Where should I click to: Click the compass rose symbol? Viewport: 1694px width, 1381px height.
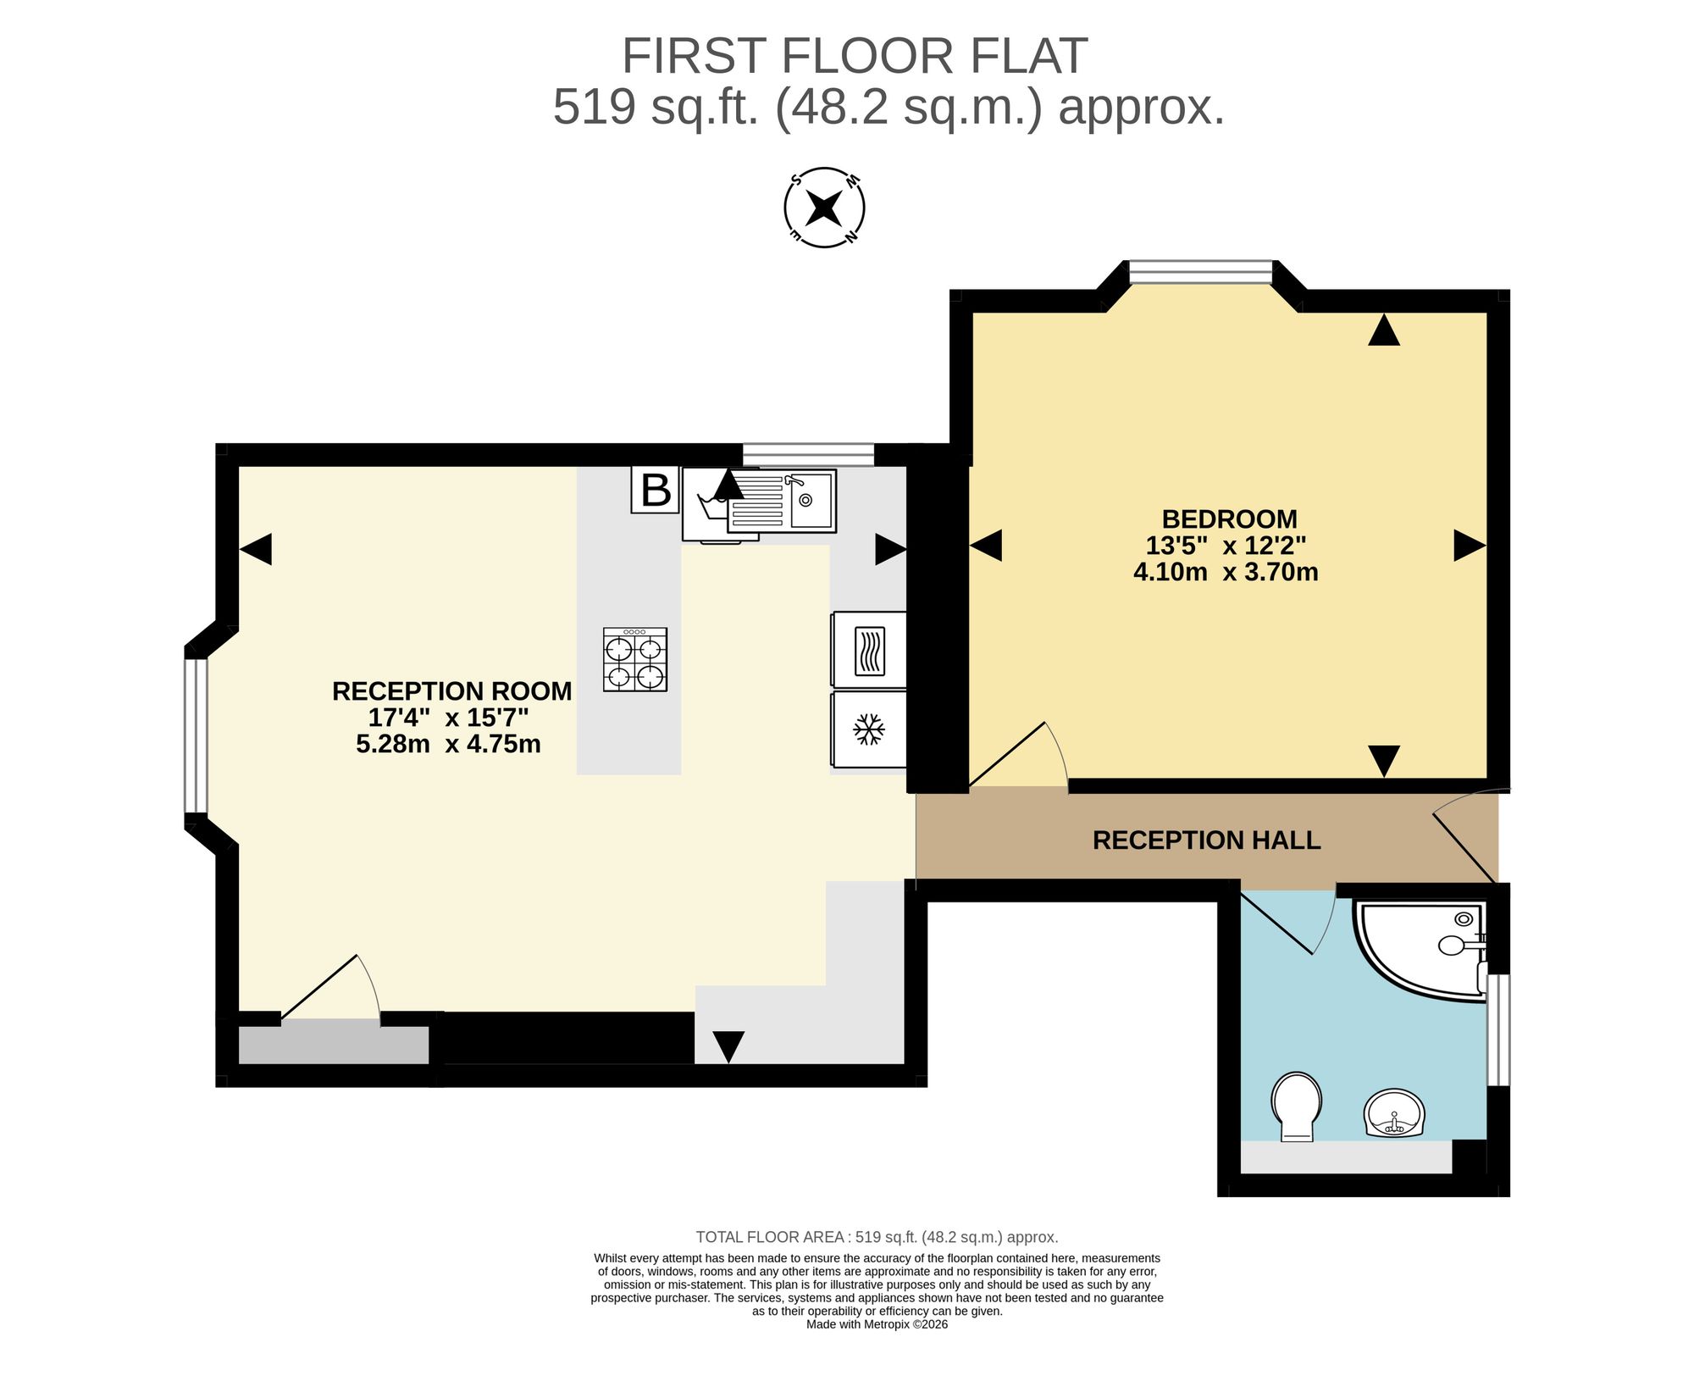[823, 208]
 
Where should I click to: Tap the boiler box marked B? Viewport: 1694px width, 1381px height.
[655, 490]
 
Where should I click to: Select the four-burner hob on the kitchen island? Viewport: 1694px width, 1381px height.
[635, 659]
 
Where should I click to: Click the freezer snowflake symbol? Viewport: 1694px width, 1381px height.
[868, 729]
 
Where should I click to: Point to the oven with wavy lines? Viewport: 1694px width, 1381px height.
[869, 650]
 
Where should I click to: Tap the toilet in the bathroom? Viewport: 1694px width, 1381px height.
[1296, 1106]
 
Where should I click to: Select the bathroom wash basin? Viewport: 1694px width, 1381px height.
[1394, 1112]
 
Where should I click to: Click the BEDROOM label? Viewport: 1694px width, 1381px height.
[1229, 519]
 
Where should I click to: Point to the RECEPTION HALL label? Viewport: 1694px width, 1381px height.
[1206, 840]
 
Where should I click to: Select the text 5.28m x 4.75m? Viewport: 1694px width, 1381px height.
[448, 744]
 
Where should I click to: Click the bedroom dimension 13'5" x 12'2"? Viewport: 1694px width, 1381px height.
[1226, 545]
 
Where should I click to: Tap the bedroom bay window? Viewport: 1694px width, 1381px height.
[1201, 271]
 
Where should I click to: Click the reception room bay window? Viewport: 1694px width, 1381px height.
[196, 735]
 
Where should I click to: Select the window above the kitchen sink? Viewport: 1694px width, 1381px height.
[808, 454]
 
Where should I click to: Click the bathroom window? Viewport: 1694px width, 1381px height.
[1498, 1029]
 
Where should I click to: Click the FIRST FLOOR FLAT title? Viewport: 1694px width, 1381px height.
[855, 56]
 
